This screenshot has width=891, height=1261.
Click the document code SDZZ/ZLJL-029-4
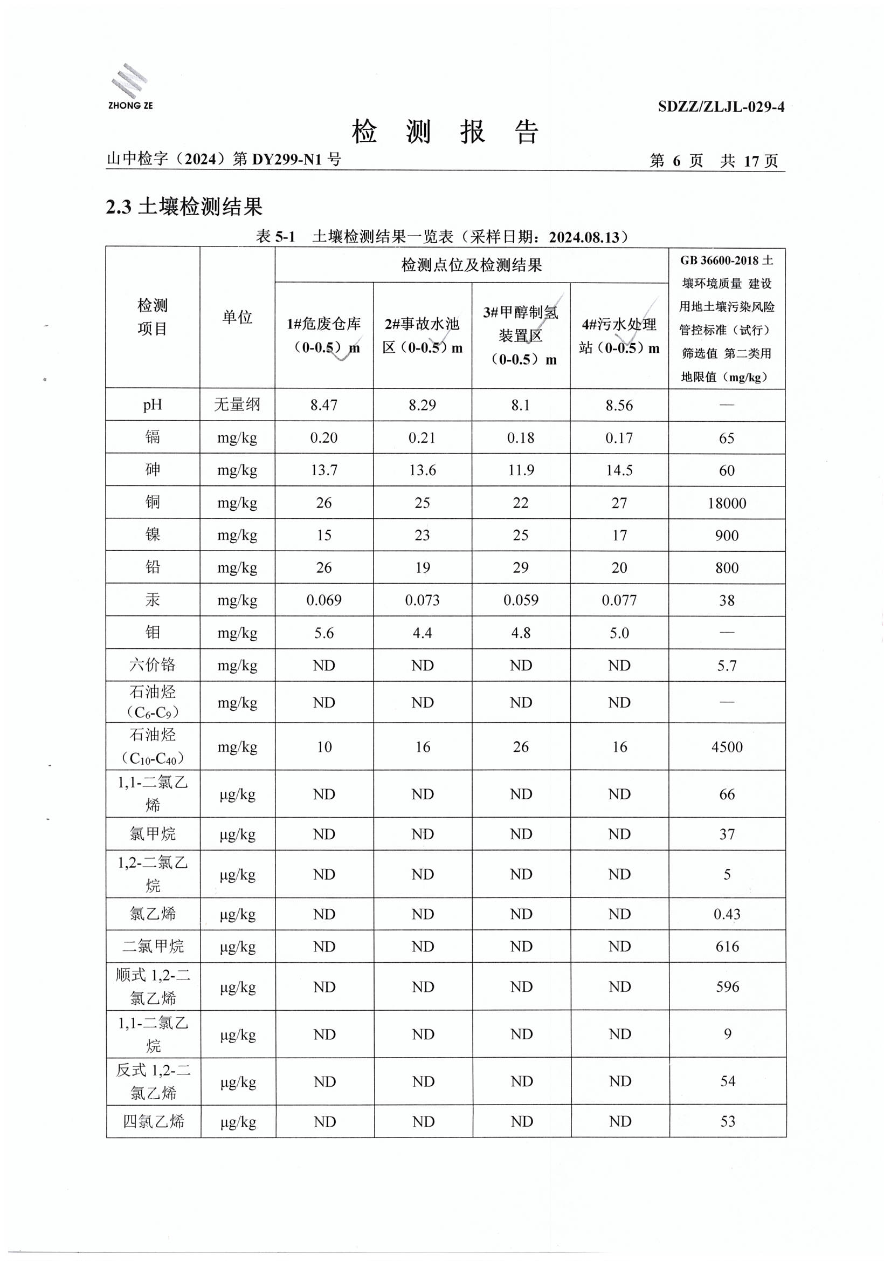[721, 107]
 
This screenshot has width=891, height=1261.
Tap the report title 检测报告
[445, 132]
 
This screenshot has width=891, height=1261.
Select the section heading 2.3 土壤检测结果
[184, 207]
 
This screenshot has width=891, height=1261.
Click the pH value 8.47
[324, 406]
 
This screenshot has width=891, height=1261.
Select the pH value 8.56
[619, 406]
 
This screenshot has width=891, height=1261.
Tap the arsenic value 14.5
[619, 470]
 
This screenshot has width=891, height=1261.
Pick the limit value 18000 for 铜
[726, 503]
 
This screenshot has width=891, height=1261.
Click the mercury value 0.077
[619, 600]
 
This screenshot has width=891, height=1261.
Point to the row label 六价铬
[153, 665]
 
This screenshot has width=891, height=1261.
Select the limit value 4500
[727, 747]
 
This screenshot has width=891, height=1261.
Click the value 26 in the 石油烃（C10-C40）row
[521, 747]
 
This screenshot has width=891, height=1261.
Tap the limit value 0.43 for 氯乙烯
[727, 914]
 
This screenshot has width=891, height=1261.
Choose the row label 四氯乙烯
[153, 1121]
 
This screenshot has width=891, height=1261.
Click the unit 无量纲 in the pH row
[237, 405]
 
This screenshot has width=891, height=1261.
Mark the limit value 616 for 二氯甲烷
[727, 947]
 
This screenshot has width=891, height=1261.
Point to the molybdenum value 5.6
[324, 633]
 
